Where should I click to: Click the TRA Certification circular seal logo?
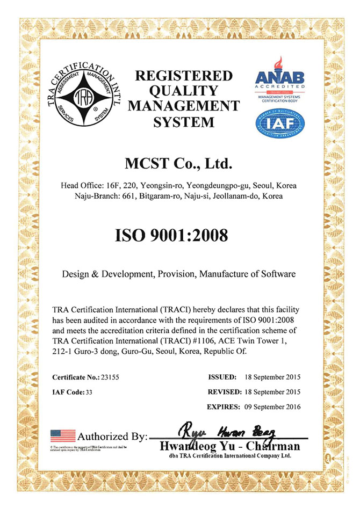[x=84, y=99]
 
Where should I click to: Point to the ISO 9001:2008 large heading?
[x=179, y=235]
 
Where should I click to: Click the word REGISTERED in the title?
[x=183, y=76]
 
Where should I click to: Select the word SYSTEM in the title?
[x=183, y=122]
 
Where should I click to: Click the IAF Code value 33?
[x=89, y=392]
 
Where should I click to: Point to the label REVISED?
[x=224, y=392]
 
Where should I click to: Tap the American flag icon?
[x=62, y=436]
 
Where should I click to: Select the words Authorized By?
[x=112, y=437]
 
